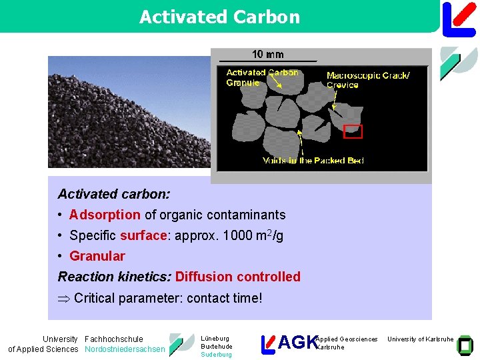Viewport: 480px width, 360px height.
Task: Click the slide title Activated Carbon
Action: (219, 17)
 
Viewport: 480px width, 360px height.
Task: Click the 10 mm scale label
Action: (267, 55)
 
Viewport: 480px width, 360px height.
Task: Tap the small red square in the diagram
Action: (353, 131)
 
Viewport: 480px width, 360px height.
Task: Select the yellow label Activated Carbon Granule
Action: (262, 77)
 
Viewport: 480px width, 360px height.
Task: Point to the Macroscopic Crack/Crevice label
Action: (368, 80)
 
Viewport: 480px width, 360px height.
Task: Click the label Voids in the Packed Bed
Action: (313, 160)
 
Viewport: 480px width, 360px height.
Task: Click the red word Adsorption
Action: (105, 215)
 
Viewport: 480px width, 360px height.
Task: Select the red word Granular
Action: (97, 256)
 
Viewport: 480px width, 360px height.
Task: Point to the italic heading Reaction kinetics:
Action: (115, 277)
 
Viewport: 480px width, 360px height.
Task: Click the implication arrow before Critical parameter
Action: (64, 298)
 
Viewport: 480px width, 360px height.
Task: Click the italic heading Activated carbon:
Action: (114, 194)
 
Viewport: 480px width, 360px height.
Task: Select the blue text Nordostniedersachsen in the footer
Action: (125, 349)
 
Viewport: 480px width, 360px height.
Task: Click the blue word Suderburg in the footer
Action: (216, 355)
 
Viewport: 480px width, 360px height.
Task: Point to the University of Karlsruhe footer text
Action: (420, 339)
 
